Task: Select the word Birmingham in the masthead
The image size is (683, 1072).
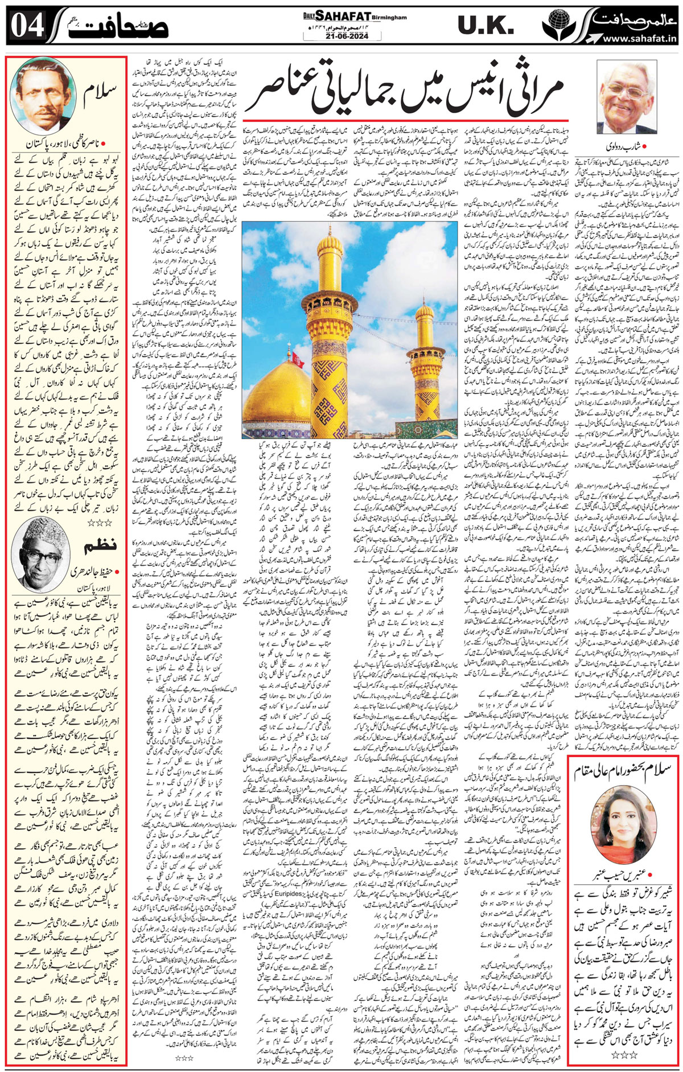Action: pos(389,18)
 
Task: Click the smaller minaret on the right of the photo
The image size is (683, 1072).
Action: pos(425,353)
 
